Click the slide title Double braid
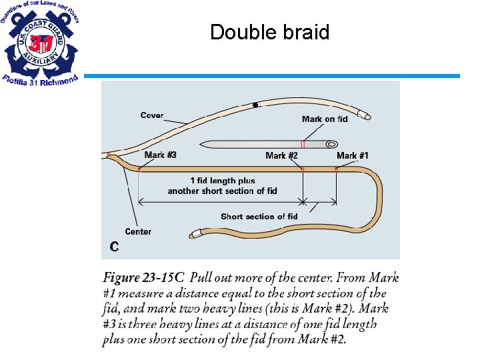coord(269,32)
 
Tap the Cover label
coord(152,115)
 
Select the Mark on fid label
coord(325,119)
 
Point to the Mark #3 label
coord(160,155)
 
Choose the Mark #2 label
coord(281,155)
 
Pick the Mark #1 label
coord(352,155)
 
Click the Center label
coord(138,231)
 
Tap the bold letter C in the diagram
coord(115,247)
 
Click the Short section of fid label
coord(259,216)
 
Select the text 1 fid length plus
coord(223,181)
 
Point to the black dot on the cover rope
coord(255,105)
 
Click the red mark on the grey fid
coord(303,144)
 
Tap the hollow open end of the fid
coord(331,144)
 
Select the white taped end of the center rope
coord(195,234)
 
